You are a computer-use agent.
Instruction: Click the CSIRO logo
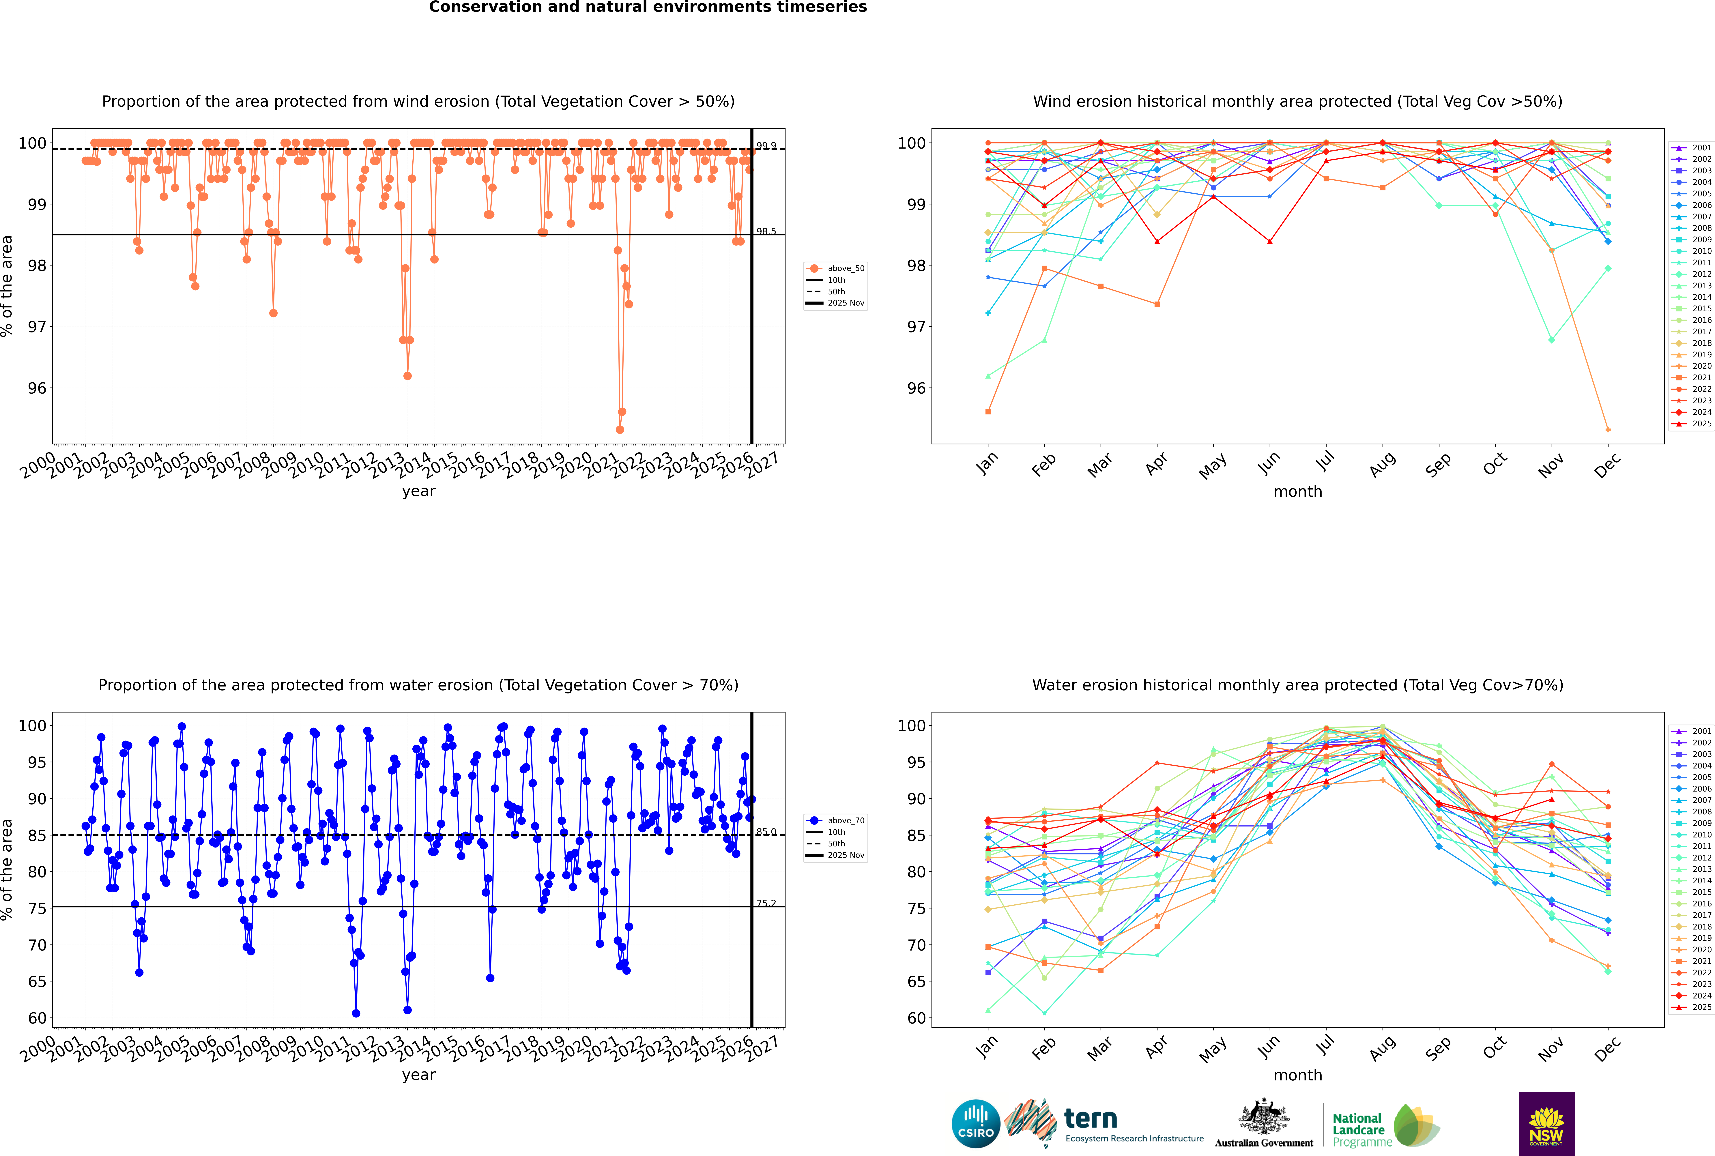tap(975, 1124)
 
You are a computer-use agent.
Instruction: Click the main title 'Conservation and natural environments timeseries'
tap(647, 7)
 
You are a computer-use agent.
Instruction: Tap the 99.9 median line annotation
tap(766, 146)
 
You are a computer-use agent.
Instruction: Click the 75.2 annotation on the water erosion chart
tap(766, 903)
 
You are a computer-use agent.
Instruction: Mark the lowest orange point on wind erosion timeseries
tap(620, 430)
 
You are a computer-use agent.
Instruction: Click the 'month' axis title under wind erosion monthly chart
tap(1298, 492)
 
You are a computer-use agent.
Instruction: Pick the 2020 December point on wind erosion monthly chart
tap(1608, 430)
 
